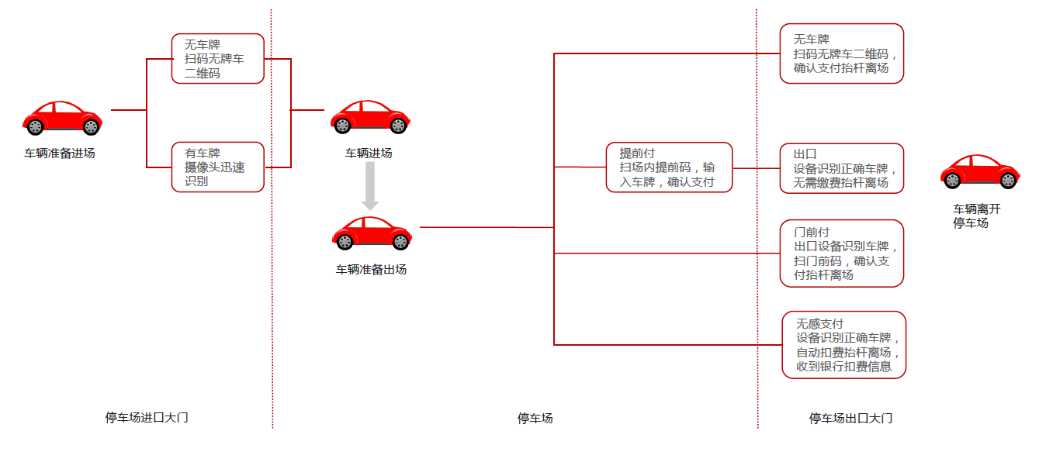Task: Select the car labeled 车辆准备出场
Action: [x=372, y=233]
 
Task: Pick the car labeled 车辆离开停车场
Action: [x=980, y=171]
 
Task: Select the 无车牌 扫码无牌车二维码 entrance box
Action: [x=218, y=58]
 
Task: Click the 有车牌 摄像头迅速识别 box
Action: [x=218, y=167]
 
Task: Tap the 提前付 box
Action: [x=669, y=167]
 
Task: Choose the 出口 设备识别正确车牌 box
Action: [x=842, y=168]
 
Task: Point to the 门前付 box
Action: [x=842, y=253]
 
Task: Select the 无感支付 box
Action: [x=844, y=345]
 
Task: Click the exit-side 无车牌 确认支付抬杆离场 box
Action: [x=842, y=53]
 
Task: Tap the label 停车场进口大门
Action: [x=147, y=418]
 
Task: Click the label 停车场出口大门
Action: [x=850, y=419]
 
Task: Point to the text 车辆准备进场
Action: [x=60, y=153]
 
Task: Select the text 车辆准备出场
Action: [x=371, y=270]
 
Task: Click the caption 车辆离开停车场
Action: [x=977, y=216]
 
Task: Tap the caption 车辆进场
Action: [x=369, y=153]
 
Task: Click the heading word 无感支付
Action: [x=819, y=323]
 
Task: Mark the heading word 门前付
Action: [x=811, y=232]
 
